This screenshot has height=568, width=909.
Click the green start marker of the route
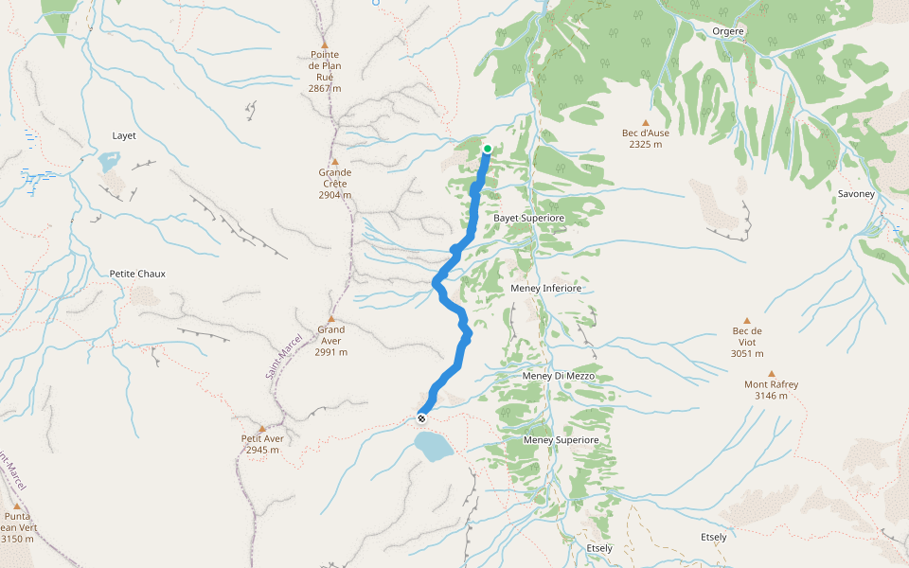pyautogui.click(x=487, y=149)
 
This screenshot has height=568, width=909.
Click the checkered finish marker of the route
pyautogui.click(x=421, y=417)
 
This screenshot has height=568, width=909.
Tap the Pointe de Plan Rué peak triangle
pyautogui.click(x=325, y=44)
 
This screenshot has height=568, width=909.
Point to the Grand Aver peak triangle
pyautogui.click(x=331, y=319)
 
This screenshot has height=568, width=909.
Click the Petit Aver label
pyautogui.click(x=262, y=438)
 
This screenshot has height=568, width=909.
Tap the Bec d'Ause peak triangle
pyautogui.click(x=646, y=122)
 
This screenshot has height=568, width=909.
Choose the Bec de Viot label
pyautogui.click(x=747, y=336)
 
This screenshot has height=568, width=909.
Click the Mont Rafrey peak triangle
pyautogui.click(x=771, y=374)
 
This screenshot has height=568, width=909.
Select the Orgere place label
pyautogui.click(x=728, y=31)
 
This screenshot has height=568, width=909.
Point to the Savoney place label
pyautogui.click(x=857, y=194)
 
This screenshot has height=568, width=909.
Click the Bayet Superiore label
pyautogui.click(x=529, y=219)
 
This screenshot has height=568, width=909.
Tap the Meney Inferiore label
pyautogui.click(x=546, y=288)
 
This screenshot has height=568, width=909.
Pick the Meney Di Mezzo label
pyautogui.click(x=559, y=376)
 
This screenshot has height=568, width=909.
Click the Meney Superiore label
pyautogui.click(x=561, y=440)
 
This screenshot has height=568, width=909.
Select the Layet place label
pyautogui.click(x=124, y=135)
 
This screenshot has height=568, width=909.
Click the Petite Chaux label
pyautogui.click(x=137, y=274)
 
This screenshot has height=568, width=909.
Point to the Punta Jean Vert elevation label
pyautogui.click(x=17, y=539)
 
